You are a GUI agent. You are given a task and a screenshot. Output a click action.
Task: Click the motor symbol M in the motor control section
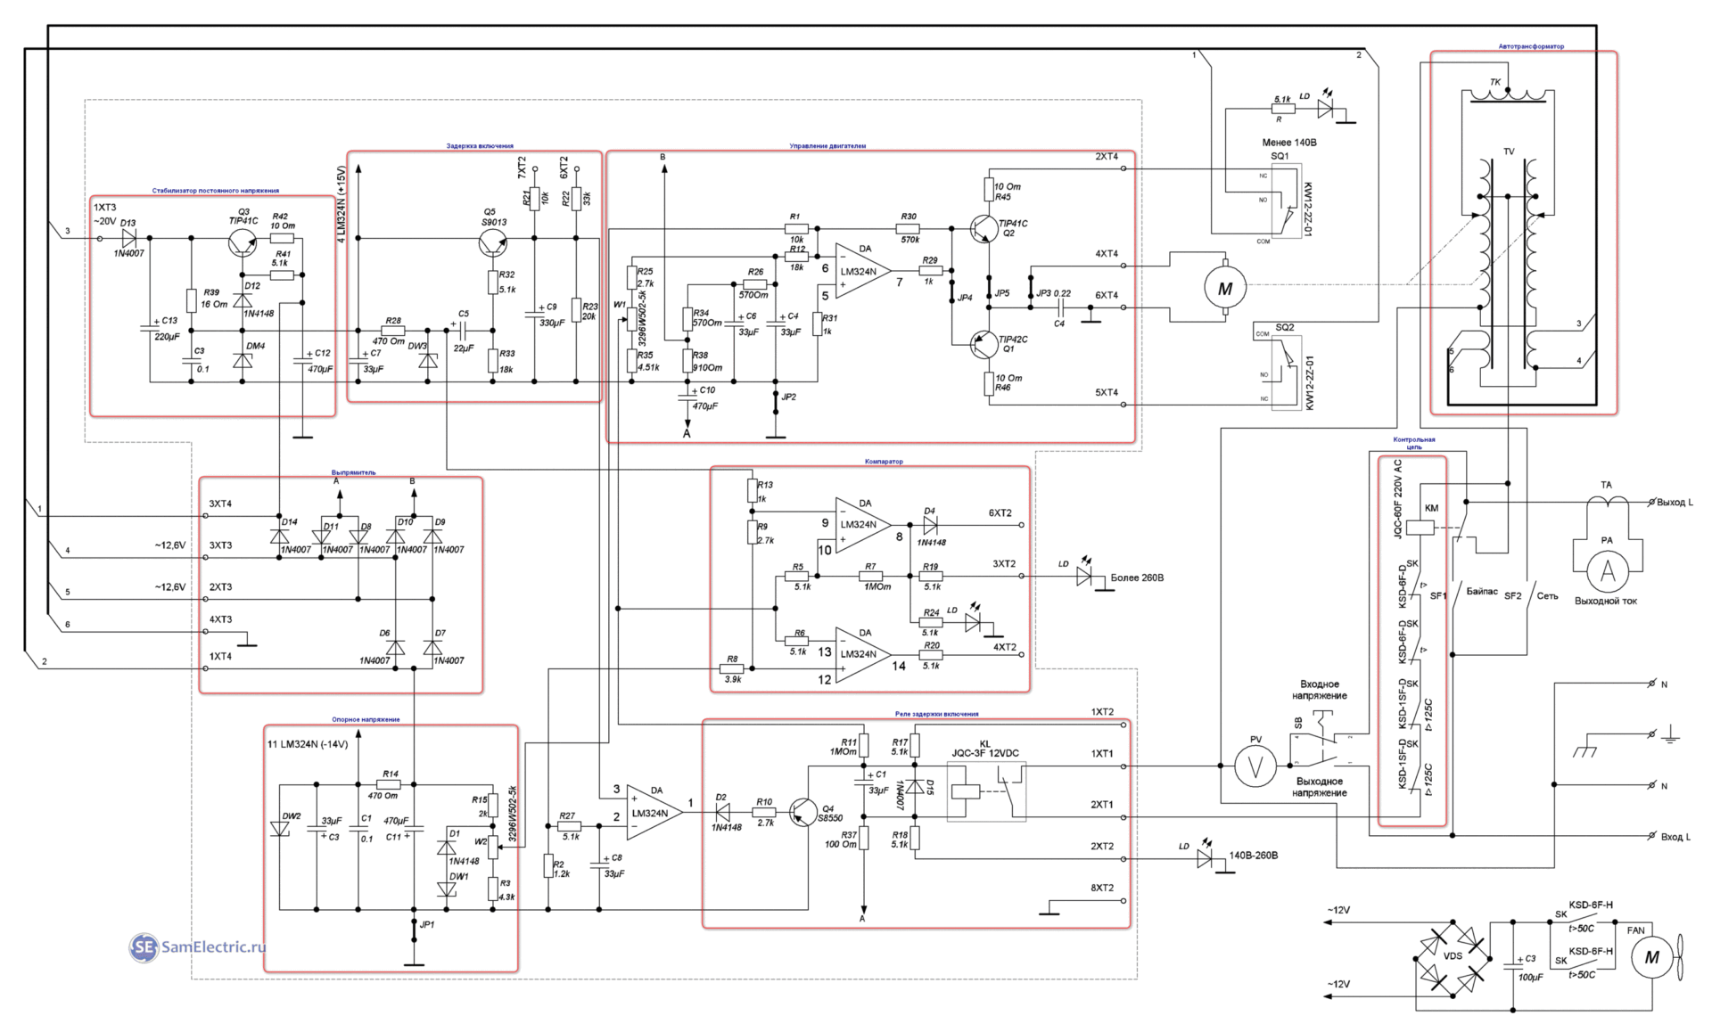tap(1224, 287)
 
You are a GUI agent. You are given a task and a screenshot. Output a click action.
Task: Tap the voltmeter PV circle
tap(1255, 766)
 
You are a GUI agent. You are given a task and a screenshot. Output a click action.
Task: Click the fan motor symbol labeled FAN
tap(1651, 958)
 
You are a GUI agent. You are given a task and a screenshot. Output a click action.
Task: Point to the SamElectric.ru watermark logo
tap(198, 947)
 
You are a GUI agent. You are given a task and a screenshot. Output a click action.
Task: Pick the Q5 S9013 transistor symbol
tap(491, 242)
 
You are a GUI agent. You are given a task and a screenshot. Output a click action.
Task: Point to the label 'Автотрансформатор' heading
tap(1531, 47)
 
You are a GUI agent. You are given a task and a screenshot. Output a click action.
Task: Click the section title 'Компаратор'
tap(883, 462)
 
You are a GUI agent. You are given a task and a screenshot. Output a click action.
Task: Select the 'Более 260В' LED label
tap(1137, 578)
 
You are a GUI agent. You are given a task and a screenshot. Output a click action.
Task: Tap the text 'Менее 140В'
tap(1288, 143)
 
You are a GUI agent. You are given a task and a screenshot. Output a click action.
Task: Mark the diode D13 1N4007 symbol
tap(130, 238)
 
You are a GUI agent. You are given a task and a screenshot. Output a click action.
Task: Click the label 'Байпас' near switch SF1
tap(1480, 592)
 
